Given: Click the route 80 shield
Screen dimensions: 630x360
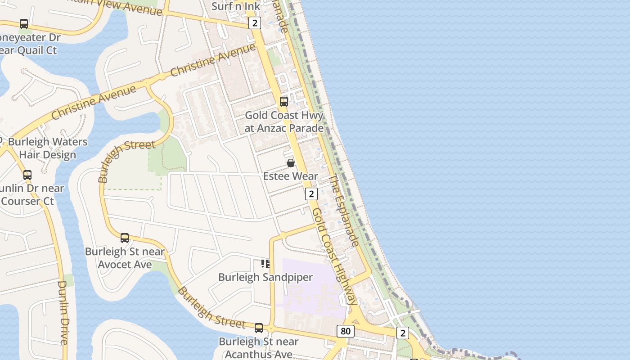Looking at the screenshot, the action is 345,332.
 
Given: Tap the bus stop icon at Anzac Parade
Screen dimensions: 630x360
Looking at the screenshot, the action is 284,102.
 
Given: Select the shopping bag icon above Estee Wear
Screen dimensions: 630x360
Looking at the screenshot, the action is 291,163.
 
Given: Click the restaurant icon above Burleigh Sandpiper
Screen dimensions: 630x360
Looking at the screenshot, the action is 265,264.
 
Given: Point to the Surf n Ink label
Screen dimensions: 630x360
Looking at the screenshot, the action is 236,6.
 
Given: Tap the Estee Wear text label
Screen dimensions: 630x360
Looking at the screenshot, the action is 290,176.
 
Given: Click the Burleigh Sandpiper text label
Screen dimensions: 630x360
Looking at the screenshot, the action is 265,277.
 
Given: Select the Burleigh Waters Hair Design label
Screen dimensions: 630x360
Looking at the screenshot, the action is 48,148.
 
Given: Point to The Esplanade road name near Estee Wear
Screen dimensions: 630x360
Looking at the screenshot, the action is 344,211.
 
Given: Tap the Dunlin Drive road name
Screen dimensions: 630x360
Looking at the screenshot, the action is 63,312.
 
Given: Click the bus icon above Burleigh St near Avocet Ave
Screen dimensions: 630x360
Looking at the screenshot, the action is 125,238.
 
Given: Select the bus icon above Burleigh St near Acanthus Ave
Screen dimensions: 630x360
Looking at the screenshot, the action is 259,328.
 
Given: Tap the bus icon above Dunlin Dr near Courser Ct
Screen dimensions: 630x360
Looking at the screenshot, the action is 27,175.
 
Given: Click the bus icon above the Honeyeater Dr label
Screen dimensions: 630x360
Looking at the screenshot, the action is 24,24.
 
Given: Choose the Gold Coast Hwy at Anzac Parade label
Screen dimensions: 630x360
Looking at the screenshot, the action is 284,121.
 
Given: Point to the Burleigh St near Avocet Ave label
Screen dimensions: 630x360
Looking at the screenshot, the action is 125,258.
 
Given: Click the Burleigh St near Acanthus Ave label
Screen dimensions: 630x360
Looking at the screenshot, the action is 258,348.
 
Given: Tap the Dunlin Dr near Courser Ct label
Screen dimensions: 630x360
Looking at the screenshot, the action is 31,194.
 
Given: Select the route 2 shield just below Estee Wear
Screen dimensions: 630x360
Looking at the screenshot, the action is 311,194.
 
